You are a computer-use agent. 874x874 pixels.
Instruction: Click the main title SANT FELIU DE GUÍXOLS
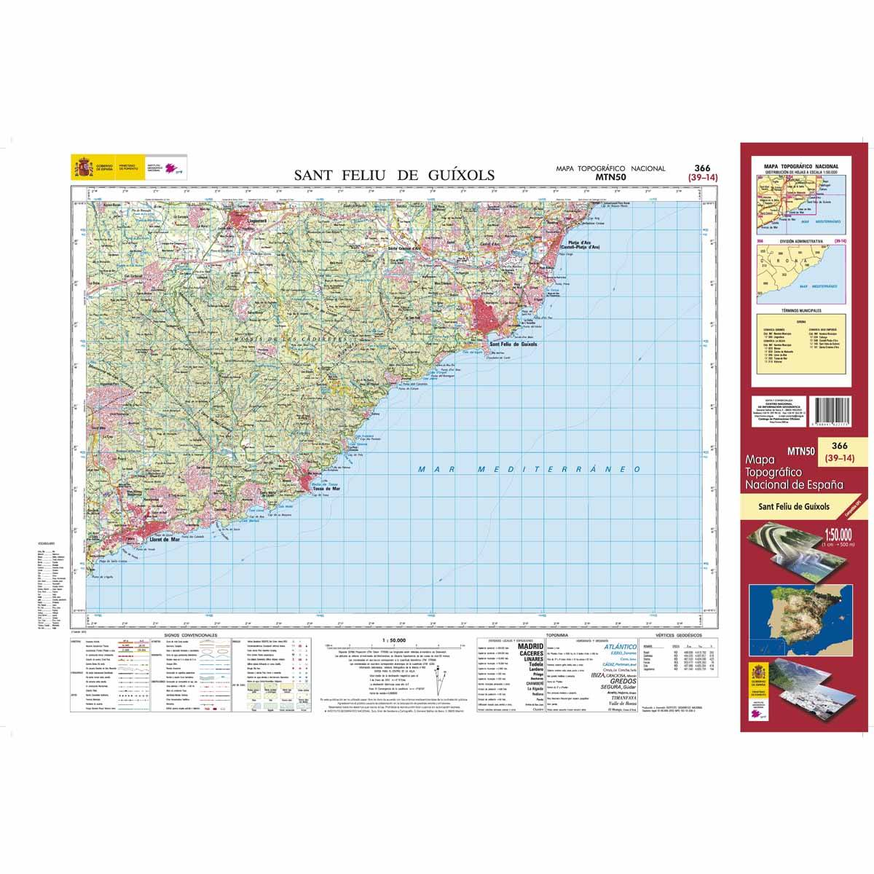click(x=394, y=175)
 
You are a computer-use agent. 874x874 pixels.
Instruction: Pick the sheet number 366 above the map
click(x=702, y=168)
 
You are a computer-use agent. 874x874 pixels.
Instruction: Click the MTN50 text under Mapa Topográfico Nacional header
click(x=610, y=176)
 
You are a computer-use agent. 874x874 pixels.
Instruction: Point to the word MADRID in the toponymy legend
click(x=530, y=646)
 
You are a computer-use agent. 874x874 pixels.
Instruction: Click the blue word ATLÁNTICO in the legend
click(x=623, y=647)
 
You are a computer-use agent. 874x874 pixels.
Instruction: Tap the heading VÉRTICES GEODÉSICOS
click(x=678, y=636)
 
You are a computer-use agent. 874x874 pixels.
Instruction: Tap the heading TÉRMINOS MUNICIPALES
click(x=800, y=310)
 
